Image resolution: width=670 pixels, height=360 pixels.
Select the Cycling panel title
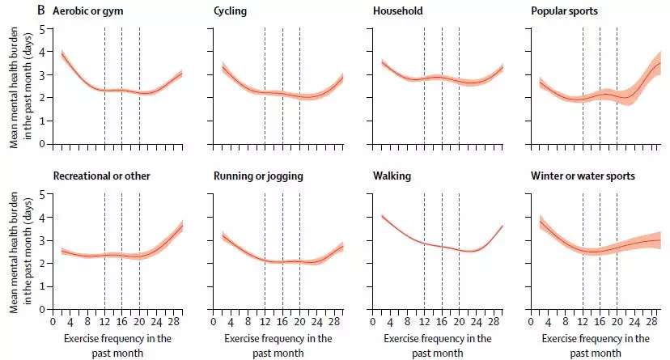tap(231, 12)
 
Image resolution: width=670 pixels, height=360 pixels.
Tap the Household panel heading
tap(396, 12)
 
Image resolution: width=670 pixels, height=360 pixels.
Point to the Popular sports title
tap(565, 12)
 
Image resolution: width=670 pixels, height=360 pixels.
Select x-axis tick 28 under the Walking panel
tap(494, 320)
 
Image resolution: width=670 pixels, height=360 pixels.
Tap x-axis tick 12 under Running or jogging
tap(265, 320)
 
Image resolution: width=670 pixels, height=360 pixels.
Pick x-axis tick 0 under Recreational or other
tap(53, 320)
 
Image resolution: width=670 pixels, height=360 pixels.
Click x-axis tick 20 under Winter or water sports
tap(617, 320)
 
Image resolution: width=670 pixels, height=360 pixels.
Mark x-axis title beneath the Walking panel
tap(437, 345)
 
